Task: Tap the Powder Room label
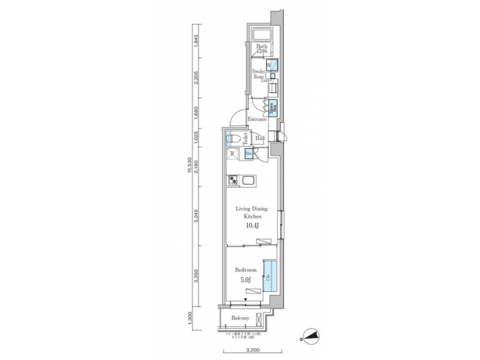258,73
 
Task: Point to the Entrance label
257,119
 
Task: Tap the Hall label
260,138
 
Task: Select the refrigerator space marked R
232,155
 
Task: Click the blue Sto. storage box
249,155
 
